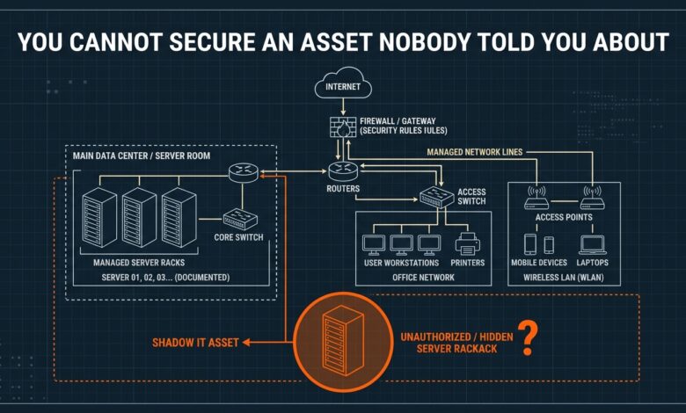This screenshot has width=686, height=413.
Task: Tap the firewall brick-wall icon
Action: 343,127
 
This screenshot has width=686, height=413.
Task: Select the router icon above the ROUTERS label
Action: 343,171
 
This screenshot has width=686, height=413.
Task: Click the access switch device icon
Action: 436,197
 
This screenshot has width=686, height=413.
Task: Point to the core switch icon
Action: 240,219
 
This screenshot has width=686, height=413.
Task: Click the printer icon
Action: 467,244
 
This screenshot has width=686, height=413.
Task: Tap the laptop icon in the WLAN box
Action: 593,245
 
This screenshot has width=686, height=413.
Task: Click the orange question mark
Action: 528,337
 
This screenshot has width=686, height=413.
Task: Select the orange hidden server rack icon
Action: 343,340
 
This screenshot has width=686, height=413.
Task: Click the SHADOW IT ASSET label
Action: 195,343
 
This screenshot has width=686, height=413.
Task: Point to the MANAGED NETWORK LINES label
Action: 475,152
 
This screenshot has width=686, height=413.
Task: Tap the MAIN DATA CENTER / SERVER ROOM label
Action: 142,156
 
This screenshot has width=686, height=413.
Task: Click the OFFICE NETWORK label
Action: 423,278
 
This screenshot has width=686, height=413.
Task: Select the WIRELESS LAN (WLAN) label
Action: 564,278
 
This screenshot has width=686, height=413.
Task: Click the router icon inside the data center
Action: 244,172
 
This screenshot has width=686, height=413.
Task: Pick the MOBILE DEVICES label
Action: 539,263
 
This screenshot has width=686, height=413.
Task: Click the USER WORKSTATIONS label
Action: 402,263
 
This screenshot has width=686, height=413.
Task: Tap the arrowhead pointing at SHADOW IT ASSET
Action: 247,342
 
